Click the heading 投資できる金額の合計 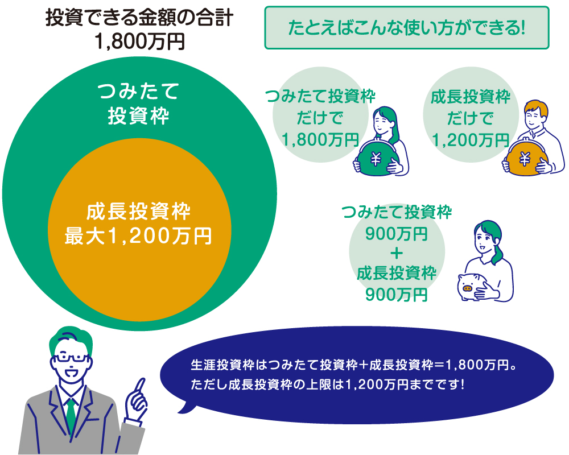click(139, 18)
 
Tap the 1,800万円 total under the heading click(139, 42)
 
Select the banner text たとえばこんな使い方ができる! click(406, 28)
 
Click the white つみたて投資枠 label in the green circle click(139, 104)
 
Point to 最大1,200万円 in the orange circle click(138, 236)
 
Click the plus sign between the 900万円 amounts click(397, 253)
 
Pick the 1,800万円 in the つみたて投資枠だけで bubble click(320, 140)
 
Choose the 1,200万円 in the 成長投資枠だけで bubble click(471, 140)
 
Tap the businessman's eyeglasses click(71, 357)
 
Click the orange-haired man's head click(536, 114)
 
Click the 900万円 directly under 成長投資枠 click(397, 295)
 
